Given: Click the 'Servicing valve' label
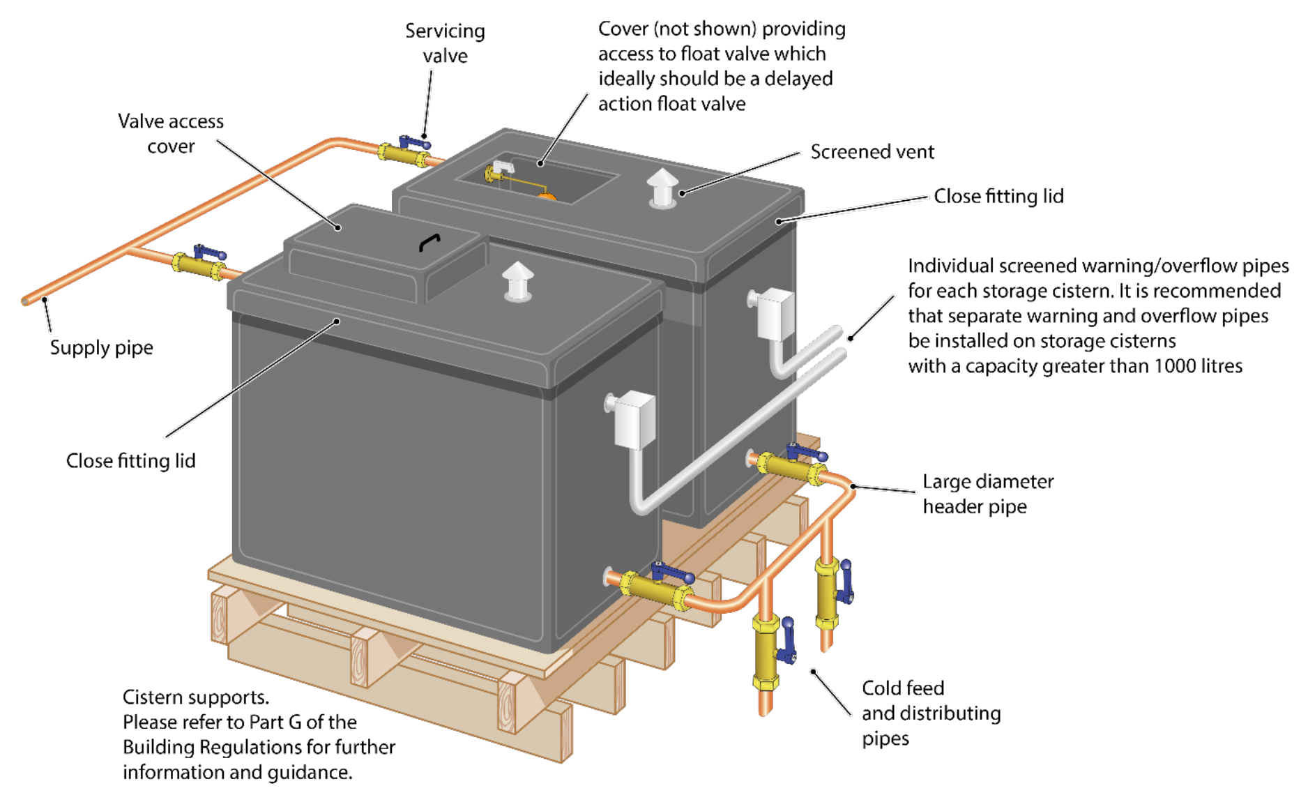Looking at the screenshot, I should [445, 43].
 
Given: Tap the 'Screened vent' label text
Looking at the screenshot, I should [872, 152].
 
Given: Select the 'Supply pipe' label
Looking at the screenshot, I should [101, 347].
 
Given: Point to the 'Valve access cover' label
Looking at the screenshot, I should [171, 133].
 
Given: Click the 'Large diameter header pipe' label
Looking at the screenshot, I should [987, 494].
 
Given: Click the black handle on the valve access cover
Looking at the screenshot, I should [429, 242].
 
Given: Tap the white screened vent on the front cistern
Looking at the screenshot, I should [517, 282].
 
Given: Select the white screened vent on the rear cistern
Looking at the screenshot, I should [662, 188].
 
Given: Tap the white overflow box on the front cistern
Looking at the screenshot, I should [634, 419].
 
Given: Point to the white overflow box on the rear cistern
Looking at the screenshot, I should [775, 314].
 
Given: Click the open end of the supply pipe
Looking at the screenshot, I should [26, 301].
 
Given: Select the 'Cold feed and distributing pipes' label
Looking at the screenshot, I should [930, 713].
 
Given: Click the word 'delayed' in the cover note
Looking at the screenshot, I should [798, 79].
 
